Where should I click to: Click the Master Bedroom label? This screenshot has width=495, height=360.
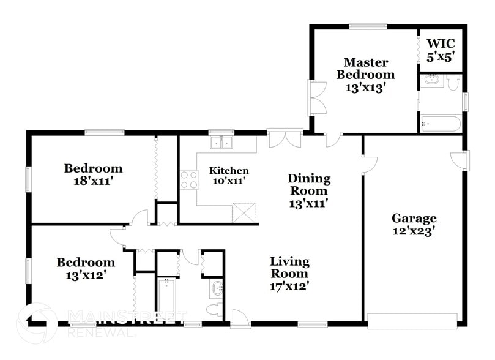coord(368,75)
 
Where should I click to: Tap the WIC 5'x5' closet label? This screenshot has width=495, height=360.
coord(440,50)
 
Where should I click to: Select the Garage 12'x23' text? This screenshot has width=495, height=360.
coord(414,224)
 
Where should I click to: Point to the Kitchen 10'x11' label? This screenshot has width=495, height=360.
coord(229,176)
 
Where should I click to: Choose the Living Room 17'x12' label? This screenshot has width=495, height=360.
coord(290,273)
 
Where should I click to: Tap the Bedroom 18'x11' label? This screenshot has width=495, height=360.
coord(94,174)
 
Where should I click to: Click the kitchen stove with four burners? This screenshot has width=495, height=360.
coord(189,179)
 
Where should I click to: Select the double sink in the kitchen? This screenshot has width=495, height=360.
coord(221,143)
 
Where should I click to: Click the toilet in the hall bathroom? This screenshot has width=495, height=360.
coord(215,310)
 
